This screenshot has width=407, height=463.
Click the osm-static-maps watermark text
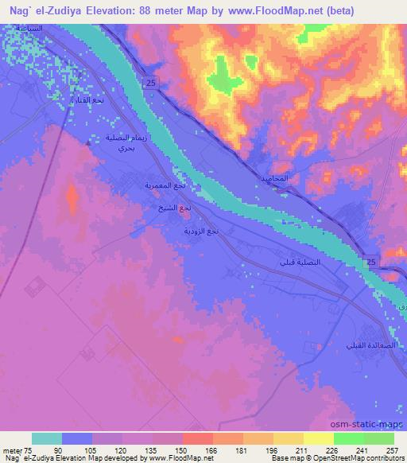tap(374, 422)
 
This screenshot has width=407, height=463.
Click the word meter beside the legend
tap(11, 450)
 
